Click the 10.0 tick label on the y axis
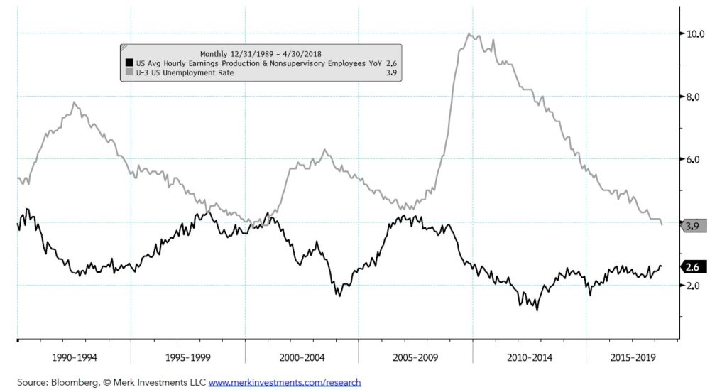click(x=693, y=33)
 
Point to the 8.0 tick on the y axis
click(x=693, y=97)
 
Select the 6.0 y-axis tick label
click(x=693, y=160)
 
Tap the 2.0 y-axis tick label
click(x=693, y=286)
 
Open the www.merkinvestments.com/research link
click(x=285, y=382)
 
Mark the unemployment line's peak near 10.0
click(x=469, y=33)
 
